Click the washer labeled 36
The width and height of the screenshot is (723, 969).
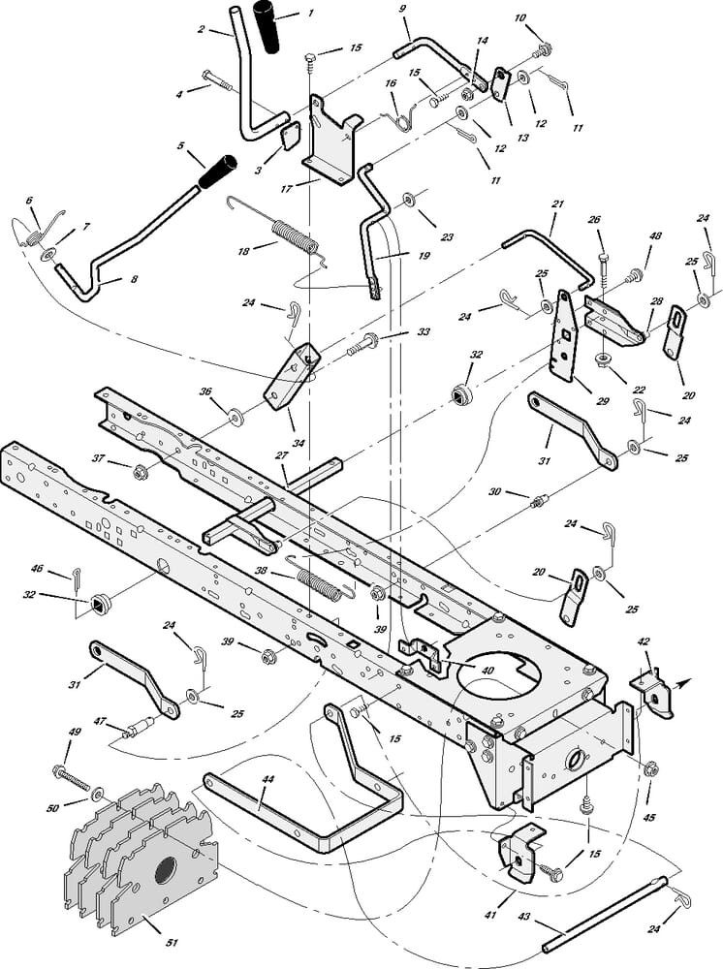tap(235, 420)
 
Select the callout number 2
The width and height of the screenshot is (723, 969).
tap(201, 30)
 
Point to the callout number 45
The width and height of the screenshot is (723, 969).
tap(649, 818)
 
